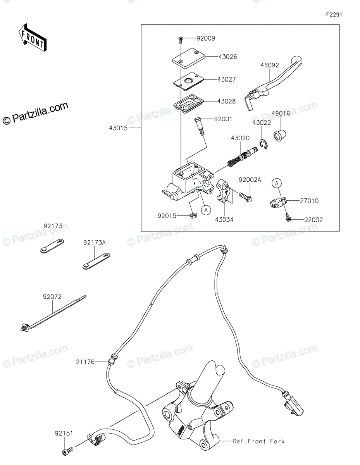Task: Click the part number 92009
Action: pyautogui.click(x=205, y=38)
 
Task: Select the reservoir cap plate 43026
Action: pyautogui.click(x=188, y=58)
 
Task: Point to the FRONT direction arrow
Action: pyautogui.click(x=33, y=38)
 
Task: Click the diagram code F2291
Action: pyautogui.click(x=334, y=15)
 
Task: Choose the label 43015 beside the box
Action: pyautogui.click(x=118, y=128)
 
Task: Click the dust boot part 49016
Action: pyautogui.click(x=280, y=135)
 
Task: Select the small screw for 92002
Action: pyautogui.click(x=288, y=218)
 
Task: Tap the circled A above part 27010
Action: pyautogui.click(x=277, y=183)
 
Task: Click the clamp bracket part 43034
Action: pyautogui.click(x=224, y=190)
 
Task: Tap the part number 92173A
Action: pyautogui.click(x=95, y=243)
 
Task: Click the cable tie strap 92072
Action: pyautogui.click(x=53, y=314)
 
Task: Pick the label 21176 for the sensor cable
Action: pyautogui.click(x=85, y=362)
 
